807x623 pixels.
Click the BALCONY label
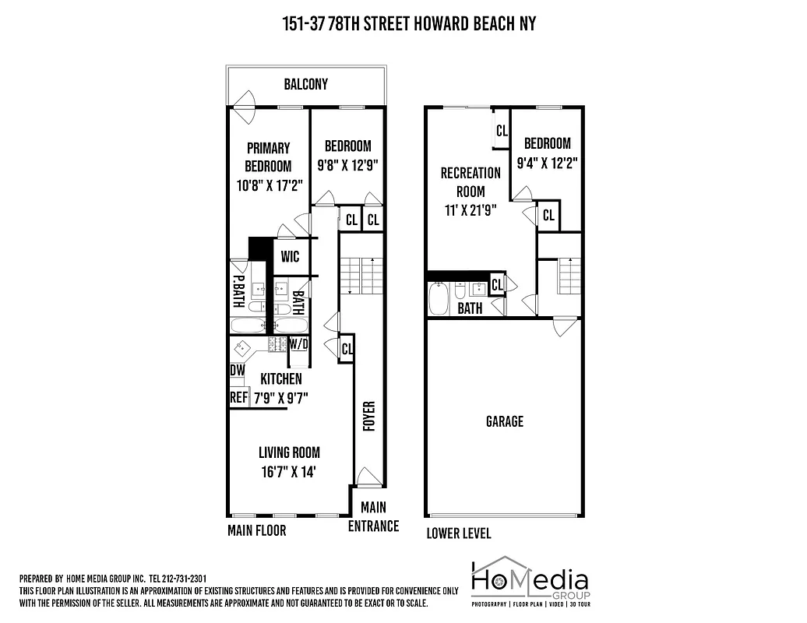tap(305, 84)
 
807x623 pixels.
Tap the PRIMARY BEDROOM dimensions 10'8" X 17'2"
tap(268, 185)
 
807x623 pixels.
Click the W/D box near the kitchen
tap(298, 343)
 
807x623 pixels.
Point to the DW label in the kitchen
tap(237, 371)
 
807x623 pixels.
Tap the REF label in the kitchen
tap(238, 397)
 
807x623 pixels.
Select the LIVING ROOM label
tap(289, 452)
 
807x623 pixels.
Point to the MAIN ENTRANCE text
tap(373, 517)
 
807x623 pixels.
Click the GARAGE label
tap(504, 421)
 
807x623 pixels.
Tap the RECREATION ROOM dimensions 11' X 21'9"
tap(470, 209)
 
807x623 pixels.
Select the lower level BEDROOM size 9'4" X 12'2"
tap(547, 164)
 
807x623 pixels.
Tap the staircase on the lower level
tap(571, 276)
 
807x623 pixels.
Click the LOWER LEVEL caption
tap(458, 533)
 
